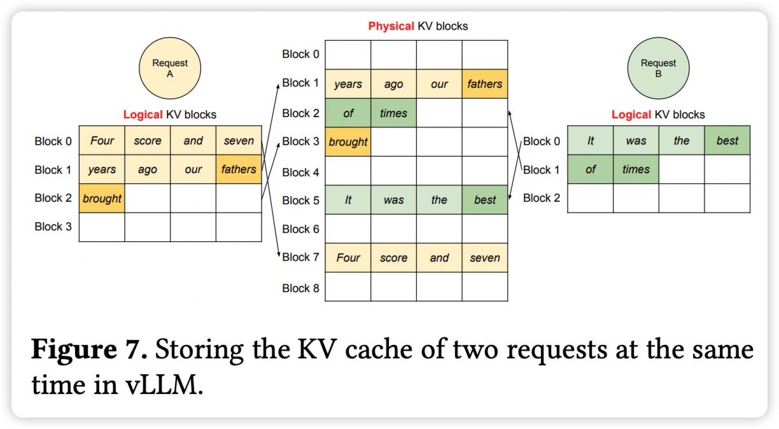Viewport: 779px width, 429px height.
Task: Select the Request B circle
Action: pyautogui.click(x=658, y=68)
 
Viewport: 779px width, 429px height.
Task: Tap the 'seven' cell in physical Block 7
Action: pyautogui.click(x=485, y=258)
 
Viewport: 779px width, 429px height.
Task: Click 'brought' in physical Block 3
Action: pyautogui.click(x=348, y=142)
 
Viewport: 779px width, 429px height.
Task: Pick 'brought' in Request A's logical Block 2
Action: pyautogui.click(x=102, y=198)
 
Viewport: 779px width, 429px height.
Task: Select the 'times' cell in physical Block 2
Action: pyautogui.click(x=393, y=113)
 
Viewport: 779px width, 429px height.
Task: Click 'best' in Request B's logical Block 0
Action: pyautogui.click(x=727, y=141)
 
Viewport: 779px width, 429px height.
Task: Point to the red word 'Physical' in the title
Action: pyautogui.click(x=391, y=26)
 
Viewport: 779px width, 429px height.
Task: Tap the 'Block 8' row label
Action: pyautogui.click(x=300, y=288)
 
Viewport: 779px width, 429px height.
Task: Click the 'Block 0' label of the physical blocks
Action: pyautogui.click(x=300, y=54)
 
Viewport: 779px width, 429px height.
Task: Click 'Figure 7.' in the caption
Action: pyautogui.click(x=90, y=350)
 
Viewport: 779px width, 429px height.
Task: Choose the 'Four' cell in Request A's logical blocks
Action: pyautogui.click(x=102, y=141)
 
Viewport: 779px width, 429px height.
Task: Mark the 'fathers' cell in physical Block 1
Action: pyautogui.click(x=485, y=84)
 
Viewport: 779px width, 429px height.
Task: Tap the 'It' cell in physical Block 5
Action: pyautogui.click(x=348, y=200)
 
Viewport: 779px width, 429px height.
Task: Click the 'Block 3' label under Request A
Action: pyautogui.click(x=53, y=227)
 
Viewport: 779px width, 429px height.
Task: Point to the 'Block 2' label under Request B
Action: pyautogui.click(x=542, y=198)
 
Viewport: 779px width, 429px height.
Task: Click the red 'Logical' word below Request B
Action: pyautogui.click(x=631, y=115)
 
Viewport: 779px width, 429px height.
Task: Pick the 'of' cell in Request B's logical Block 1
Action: pyautogui.click(x=590, y=169)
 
